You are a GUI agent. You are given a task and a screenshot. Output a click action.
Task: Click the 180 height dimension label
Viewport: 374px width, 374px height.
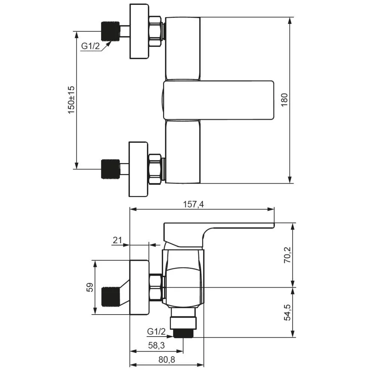pos(284,100)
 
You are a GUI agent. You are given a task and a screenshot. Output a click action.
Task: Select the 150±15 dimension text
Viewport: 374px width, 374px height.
pos(71,100)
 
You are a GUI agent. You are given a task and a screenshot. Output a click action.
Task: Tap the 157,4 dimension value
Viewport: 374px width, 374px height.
pos(193,205)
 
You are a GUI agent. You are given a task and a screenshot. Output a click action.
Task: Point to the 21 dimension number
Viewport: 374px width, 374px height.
pos(117,240)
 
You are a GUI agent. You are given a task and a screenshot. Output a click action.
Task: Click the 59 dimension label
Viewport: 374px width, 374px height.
pos(90,287)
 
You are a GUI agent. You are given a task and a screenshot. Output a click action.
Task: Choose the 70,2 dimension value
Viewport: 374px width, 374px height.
pos(287,255)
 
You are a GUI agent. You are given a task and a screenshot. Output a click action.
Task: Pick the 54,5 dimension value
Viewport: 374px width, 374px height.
pos(287,312)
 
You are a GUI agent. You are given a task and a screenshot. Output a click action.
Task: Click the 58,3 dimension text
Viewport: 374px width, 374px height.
pos(156,345)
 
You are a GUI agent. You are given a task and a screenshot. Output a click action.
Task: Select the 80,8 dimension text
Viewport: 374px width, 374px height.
pos(167,359)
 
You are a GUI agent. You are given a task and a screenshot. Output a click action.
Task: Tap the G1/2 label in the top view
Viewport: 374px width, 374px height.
pos(91,46)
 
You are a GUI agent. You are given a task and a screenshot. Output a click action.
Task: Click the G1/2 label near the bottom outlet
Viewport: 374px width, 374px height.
pos(156,331)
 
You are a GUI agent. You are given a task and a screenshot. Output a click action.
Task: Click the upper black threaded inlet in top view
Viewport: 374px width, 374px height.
pos(110,31)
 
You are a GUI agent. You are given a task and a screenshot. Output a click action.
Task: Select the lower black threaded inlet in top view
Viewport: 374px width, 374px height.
pos(110,169)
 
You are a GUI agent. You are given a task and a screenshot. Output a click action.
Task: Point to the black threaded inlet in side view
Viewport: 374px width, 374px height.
pos(110,297)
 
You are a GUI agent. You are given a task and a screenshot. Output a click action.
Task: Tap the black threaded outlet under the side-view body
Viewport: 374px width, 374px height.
pos(183,333)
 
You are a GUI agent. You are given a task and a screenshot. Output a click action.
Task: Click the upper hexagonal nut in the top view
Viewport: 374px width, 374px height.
pos(155,31)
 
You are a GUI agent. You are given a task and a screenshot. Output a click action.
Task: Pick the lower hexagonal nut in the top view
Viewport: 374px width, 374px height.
pos(155,169)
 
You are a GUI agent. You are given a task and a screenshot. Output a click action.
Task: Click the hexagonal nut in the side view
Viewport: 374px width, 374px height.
pos(156,287)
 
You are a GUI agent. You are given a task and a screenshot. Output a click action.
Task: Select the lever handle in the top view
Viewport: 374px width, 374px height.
pos(218,100)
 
